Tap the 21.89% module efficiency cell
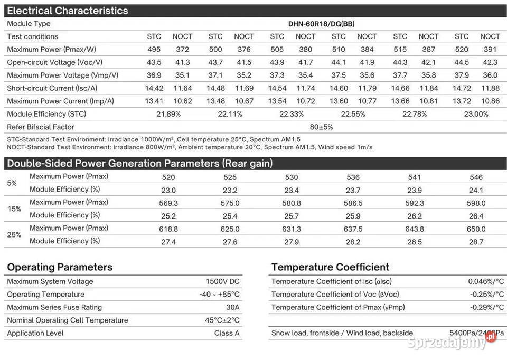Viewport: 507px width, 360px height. click(167, 114)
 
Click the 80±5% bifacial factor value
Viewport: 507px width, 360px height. click(321, 127)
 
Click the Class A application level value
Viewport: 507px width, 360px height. click(227, 334)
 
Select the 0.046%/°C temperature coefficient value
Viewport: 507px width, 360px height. click(486, 282)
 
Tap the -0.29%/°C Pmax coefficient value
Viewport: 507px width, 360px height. click(486, 308)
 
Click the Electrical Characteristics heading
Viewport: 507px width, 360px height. click(68, 11)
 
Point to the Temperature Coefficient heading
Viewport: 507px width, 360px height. click(330, 267)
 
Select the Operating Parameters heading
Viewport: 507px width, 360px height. click(60, 267)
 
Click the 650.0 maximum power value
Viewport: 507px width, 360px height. click(476, 229)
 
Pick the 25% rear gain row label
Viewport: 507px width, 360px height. click(14, 235)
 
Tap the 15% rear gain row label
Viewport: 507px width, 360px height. click(14, 209)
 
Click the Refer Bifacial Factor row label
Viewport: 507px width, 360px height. click(41, 127)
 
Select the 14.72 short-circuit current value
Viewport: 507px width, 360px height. click(462, 88)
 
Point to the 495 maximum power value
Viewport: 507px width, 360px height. click(154, 50)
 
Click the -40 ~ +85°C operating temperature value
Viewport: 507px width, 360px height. click(219, 295)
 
